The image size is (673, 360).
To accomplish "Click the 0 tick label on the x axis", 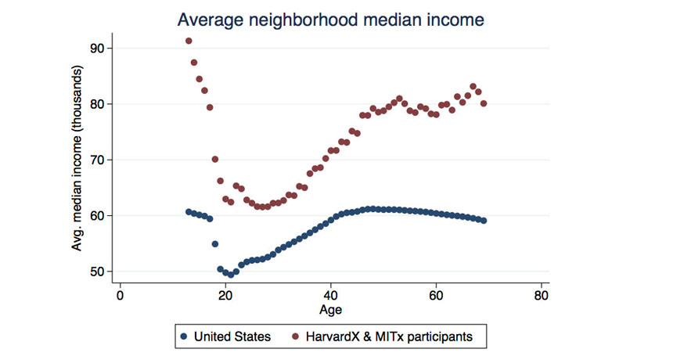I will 120,297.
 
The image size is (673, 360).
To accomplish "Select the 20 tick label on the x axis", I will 225,297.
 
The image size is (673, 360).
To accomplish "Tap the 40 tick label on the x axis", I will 331,297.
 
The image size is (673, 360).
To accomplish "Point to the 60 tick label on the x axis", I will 436,297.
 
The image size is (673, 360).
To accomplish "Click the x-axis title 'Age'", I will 330,310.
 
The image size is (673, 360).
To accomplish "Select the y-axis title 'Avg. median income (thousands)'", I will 78,160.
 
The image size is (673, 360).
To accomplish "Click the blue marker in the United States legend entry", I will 185,337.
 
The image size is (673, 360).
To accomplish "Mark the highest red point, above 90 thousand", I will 189,41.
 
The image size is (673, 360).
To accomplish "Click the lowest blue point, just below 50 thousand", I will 231,275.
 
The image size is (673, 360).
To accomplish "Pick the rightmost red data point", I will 484,103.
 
